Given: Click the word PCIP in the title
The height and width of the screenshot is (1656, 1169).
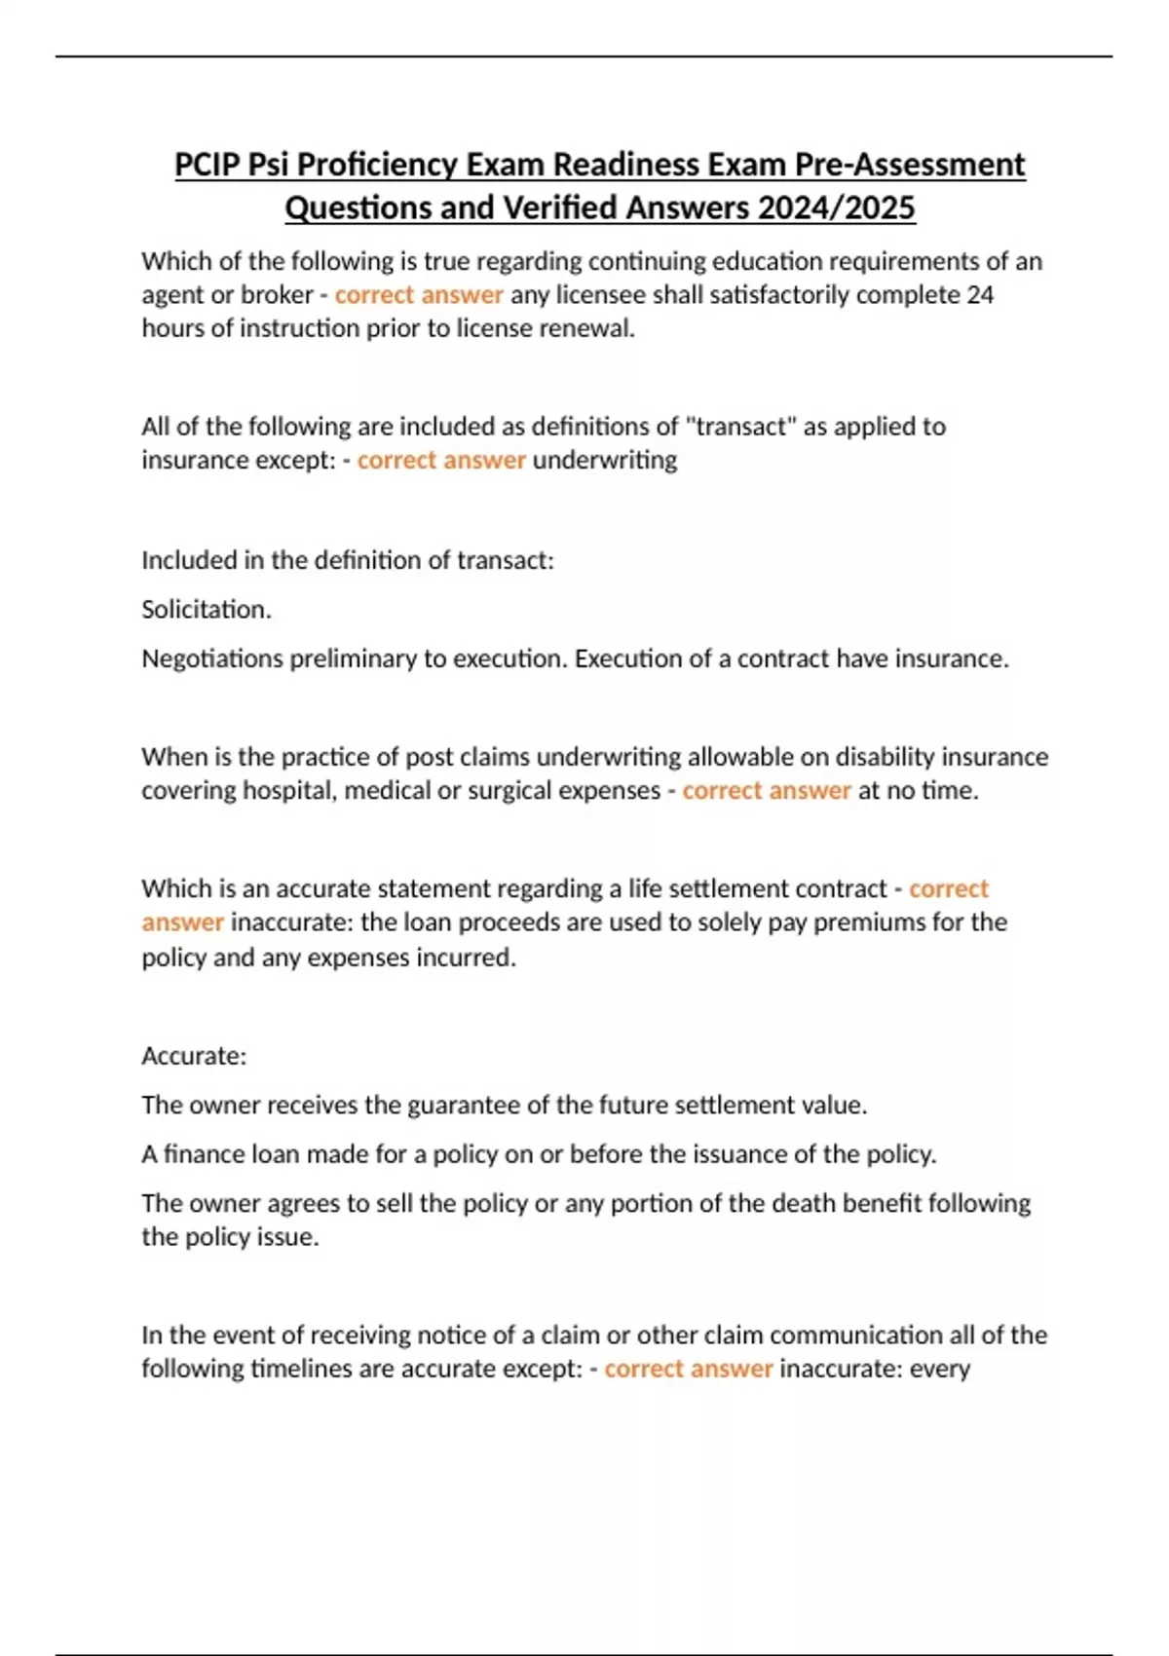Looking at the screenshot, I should tap(207, 165).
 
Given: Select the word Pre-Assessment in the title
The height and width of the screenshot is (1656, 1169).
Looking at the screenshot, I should tap(910, 165).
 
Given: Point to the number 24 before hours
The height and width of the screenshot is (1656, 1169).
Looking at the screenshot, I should tap(979, 294).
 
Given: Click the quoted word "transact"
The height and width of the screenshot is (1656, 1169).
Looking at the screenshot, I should tap(740, 427).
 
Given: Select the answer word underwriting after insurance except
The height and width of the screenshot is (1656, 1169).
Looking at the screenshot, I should tap(605, 460).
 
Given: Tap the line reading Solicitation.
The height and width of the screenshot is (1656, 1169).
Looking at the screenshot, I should tap(207, 610).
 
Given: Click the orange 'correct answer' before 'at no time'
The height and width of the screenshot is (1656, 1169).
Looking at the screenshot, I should tap(766, 790).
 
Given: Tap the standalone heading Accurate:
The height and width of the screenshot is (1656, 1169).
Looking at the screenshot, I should tap(194, 1056).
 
